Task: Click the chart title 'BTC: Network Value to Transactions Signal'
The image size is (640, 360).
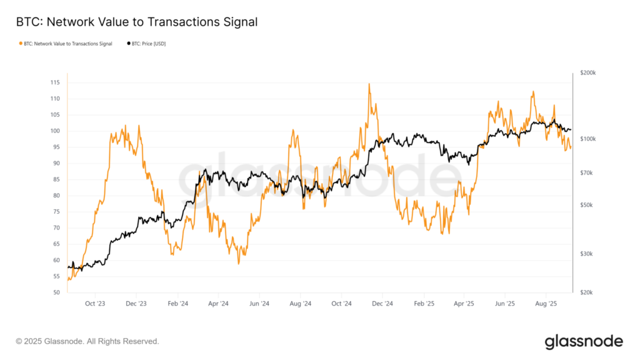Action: point(137,22)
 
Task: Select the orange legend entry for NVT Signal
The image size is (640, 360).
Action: point(66,44)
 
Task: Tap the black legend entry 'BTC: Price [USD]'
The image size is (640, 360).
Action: point(147,44)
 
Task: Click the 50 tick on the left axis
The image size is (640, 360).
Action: point(56,292)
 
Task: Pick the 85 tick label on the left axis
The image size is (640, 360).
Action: point(56,179)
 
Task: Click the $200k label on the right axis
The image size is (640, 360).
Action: point(589,73)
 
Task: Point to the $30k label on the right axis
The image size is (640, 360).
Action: point(587,254)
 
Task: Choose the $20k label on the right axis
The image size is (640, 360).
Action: point(587,292)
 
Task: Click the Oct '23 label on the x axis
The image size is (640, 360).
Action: point(95,304)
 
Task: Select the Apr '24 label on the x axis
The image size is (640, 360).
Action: point(218,304)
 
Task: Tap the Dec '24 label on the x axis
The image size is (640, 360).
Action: point(382,304)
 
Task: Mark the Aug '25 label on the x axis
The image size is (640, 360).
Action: point(546,304)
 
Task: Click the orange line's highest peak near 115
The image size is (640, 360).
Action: point(369,84)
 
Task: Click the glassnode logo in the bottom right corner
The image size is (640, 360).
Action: point(583,341)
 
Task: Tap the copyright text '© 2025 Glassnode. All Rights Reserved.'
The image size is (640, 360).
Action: point(87,341)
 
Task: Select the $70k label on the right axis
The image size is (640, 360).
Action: point(587,172)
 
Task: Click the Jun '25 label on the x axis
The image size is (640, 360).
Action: point(505,304)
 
